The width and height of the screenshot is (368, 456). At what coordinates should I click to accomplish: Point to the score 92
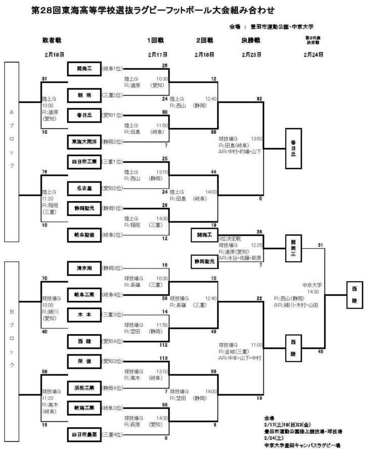tap(259, 99)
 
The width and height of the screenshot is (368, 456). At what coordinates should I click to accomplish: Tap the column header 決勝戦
tap(251, 39)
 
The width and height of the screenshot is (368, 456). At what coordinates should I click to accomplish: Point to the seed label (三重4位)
tap(113, 434)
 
